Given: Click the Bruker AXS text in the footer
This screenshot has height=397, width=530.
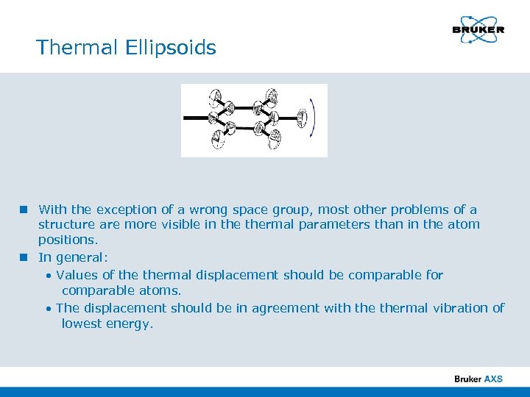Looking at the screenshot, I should click(x=478, y=379).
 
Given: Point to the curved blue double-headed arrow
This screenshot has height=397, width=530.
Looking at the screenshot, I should click(x=314, y=118).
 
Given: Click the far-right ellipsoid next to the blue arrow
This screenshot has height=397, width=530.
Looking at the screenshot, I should click(x=302, y=118).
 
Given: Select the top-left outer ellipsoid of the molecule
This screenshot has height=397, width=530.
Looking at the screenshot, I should click(x=214, y=97).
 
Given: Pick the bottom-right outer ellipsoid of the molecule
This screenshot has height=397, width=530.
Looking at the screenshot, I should click(x=274, y=138).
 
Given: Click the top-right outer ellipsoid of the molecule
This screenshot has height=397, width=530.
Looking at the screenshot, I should click(x=272, y=96).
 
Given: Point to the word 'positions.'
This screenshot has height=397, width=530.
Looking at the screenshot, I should click(x=68, y=240).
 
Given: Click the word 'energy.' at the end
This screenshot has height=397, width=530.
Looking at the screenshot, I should click(x=130, y=323).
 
